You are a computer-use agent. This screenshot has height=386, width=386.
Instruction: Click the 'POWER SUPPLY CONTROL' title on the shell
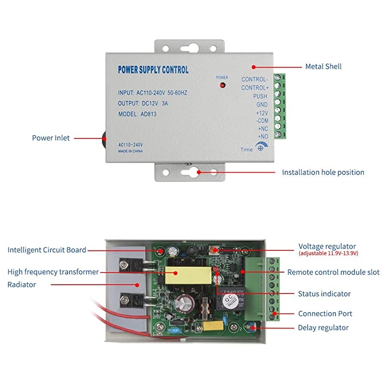click(x=153, y=70)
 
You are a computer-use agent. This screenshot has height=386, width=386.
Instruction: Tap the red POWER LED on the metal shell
click(x=222, y=85)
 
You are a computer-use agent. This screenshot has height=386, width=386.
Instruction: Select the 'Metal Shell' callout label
click(x=323, y=67)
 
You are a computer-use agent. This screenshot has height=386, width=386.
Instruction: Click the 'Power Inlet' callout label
click(x=51, y=138)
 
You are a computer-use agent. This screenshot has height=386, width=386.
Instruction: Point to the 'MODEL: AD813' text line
click(x=138, y=114)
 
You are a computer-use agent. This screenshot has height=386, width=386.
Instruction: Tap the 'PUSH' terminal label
click(x=260, y=96)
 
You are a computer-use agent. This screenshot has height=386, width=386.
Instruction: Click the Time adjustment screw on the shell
click(x=260, y=149)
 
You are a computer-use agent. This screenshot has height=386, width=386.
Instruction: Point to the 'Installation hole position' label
click(x=323, y=172)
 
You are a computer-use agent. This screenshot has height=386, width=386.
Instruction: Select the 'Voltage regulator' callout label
click(x=327, y=247)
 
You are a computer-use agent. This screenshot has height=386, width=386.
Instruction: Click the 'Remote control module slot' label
click(x=333, y=273)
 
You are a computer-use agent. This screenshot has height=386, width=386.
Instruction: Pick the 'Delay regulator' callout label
click(x=323, y=328)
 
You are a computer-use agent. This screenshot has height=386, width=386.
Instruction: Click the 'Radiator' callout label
click(x=22, y=285)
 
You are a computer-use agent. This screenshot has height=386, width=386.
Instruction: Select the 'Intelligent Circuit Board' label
click(x=47, y=250)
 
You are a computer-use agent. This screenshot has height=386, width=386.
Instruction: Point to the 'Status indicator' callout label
click(x=324, y=294)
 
